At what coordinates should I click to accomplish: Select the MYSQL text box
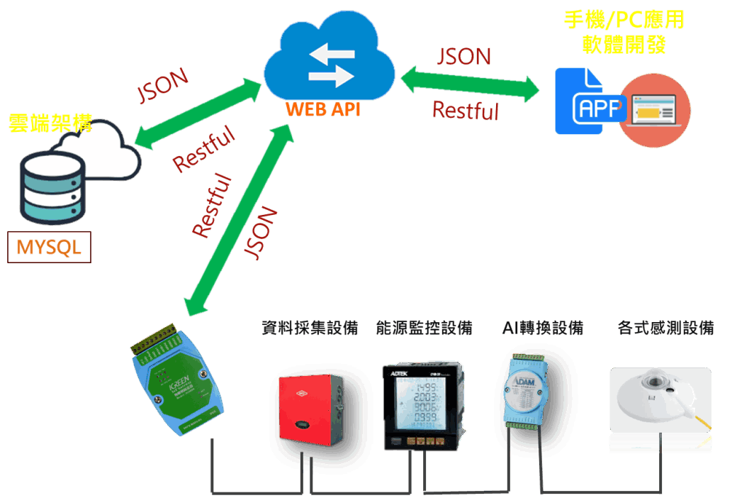49,247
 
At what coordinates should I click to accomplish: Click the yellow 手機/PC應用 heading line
624,20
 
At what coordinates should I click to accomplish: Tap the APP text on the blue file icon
599,108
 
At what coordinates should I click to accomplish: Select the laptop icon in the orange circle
653,111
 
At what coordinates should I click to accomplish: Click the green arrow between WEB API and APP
471,83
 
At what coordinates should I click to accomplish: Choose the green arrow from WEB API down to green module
237,220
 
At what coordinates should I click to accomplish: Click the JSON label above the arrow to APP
464,57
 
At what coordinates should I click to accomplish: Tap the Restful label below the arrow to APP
466,110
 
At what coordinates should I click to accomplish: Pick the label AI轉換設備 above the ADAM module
543,328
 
